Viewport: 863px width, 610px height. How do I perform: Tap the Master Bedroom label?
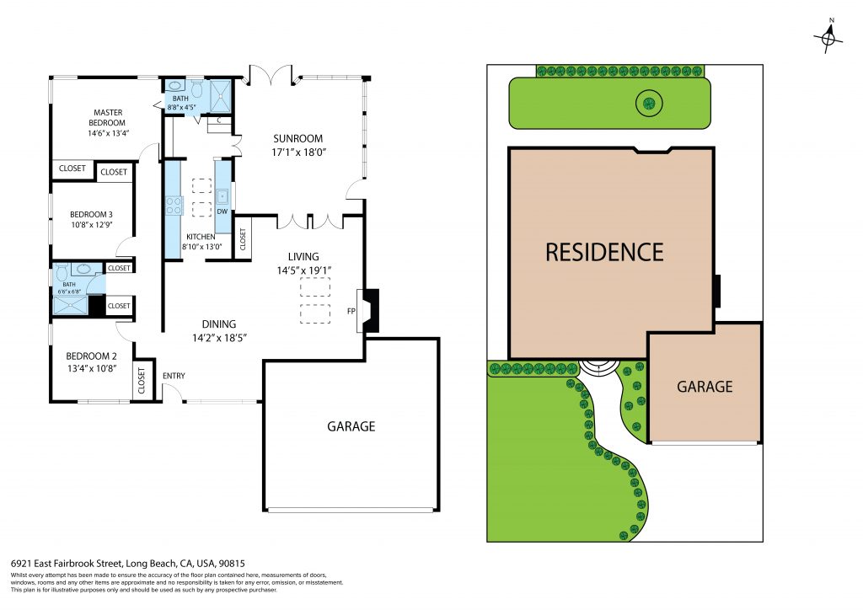107,118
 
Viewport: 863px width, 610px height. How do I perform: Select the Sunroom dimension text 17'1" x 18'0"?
299,152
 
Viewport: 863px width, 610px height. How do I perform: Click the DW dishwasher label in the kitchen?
222,211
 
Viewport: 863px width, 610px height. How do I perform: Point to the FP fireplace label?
351,312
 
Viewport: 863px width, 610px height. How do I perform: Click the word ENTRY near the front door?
174,376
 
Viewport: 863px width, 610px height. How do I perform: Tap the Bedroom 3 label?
91,215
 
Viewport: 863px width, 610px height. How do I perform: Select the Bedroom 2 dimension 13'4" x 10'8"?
92,368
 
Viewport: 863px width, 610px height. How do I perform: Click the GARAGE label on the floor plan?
351,426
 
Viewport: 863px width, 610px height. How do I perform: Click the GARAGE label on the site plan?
705,387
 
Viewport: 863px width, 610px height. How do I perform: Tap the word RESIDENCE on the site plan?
604,253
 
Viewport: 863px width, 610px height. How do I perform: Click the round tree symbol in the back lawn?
649,103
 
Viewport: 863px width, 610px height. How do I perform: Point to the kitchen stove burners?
174,206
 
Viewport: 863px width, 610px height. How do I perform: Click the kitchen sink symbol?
222,195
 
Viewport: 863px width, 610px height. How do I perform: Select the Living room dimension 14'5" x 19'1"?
303,270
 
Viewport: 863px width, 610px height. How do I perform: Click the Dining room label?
219,324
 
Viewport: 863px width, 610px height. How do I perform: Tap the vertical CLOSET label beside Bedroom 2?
142,381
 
